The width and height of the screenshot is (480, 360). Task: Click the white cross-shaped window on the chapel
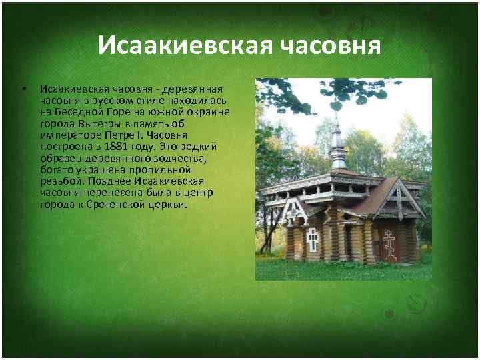pos(312,239)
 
